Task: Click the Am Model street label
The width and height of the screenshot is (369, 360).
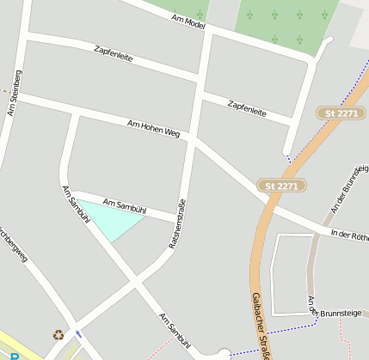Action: coord(188,21)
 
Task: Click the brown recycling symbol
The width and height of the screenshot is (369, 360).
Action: coord(58,335)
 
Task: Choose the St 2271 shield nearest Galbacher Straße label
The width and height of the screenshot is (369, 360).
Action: coord(281,186)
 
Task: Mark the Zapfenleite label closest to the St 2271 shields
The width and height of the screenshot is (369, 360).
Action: coord(247,108)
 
